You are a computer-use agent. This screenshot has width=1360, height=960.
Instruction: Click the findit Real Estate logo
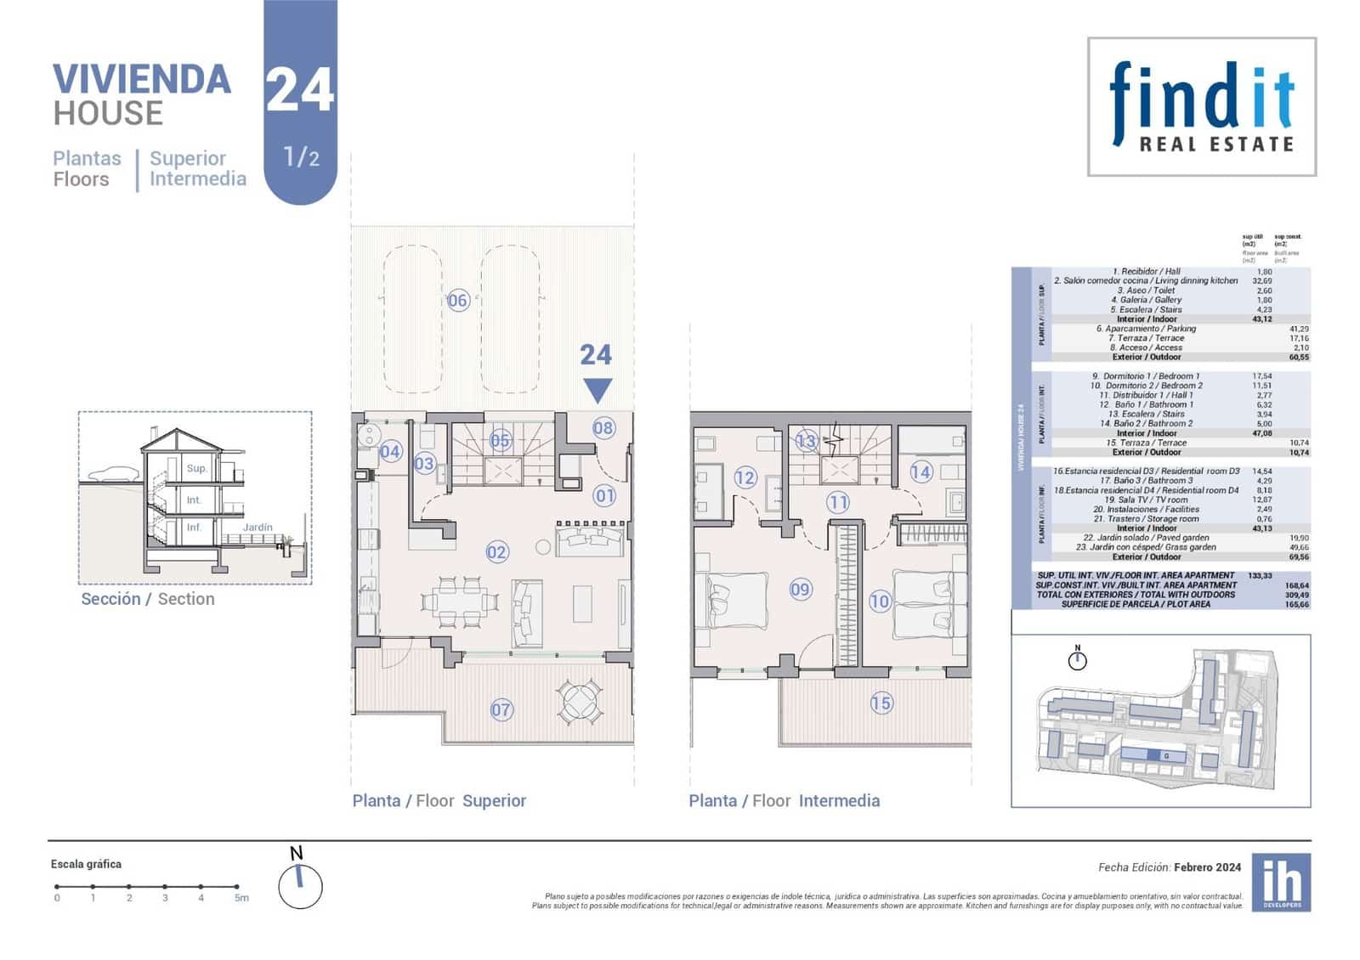pyautogui.click(x=1202, y=107)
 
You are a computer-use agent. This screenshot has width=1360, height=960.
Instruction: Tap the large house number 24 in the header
pyautogui.click(x=299, y=89)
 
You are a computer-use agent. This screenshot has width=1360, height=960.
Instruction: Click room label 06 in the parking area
pyautogui.click(x=458, y=300)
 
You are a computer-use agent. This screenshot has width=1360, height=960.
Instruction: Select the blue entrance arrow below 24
pyautogui.click(x=598, y=391)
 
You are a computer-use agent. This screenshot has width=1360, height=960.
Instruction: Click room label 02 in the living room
pyautogui.click(x=496, y=552)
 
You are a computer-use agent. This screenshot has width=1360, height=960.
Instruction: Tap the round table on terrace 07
pyautogui.click(x=580, y=702)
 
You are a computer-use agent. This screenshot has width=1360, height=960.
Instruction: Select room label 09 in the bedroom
pyautogui.click(x=800, y=589)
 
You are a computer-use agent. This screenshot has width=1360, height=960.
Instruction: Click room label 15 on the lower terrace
pyautogui.click(x=881, y=703)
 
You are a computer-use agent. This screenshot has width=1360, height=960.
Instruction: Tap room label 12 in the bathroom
pyautogui.click(x=745, y=477)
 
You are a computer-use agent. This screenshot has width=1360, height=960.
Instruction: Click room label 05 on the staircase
pyautogui.click(x=500, y=440)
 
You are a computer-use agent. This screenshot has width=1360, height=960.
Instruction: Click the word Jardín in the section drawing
pyautogui.click(x=258, y=528)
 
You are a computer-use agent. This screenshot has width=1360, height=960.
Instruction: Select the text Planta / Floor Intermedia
pyautogui.click(x=784, y=800)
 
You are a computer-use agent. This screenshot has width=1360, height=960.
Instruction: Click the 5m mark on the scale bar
pyautogui.click(x=241, y=897)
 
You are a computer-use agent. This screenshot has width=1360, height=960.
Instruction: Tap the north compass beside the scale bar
pyautogui.click(x=300, y=885)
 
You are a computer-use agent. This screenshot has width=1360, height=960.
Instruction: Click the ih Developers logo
pyautogui.click(x=1281, y=883)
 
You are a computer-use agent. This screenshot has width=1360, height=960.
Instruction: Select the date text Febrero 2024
pyautogui.click(x=1207, y=867)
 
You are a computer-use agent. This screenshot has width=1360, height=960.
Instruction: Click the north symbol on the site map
pyautogui.click(x=1077, y=658)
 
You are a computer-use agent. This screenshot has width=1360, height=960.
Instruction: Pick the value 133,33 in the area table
pyautogui.click(x=1261, y=575)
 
